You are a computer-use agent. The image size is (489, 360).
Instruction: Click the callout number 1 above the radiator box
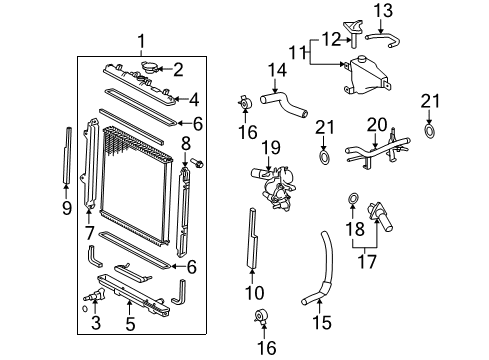click(x=141, y=41)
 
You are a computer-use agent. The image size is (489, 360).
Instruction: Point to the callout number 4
click(x=195, y=99)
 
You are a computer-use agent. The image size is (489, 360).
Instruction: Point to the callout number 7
click(x=89, y=233)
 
